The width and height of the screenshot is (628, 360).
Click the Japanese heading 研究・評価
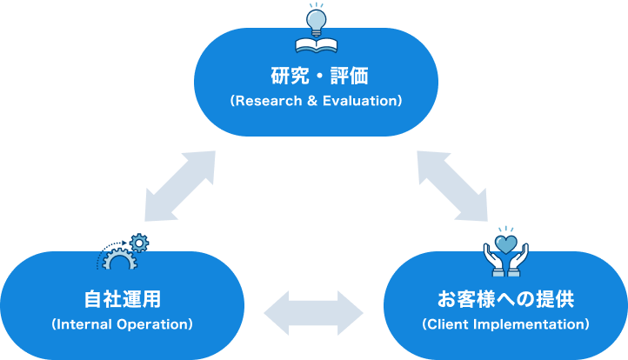click(315, 76)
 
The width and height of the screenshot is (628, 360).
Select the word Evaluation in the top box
click(358, 101)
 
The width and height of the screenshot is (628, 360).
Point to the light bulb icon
click(315, 17)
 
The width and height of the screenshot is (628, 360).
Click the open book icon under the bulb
click(315, 43)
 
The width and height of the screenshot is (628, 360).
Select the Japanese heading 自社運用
click(122, 300)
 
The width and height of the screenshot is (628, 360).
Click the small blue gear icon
click(139, 242)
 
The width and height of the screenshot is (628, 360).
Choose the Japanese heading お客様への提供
click(505, 300)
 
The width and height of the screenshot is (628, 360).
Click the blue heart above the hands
click(506, 239)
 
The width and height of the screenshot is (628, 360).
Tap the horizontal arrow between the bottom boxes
click(313, 311)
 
